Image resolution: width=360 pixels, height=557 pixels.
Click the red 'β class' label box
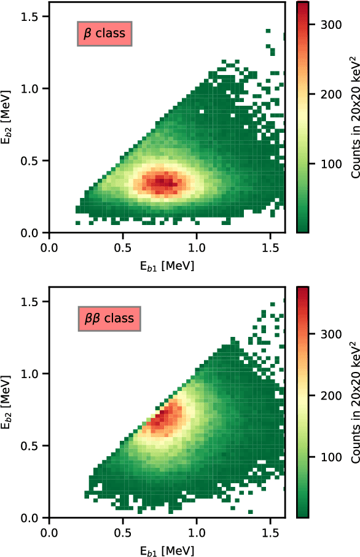pos(104,34)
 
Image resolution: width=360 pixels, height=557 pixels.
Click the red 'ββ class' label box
pos(109,319)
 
